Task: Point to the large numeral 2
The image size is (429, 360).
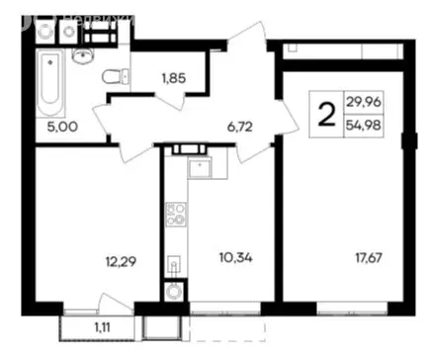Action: [x=323, y=111]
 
